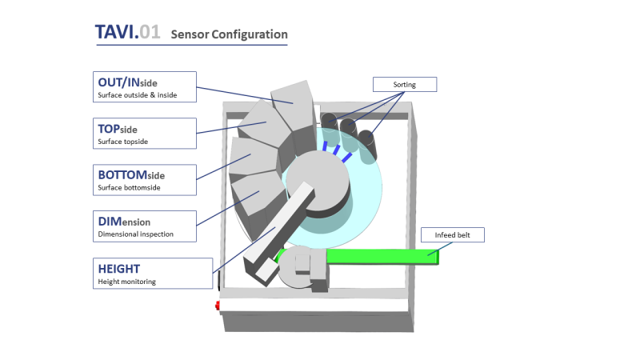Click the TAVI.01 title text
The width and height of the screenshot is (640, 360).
click(127, 33)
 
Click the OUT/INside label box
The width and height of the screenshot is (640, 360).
click(144, 87)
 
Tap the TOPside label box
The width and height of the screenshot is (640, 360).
click(144, 134)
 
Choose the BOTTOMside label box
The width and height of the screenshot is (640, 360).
click(144, 179)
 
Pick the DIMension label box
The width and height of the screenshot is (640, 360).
click(144, 226)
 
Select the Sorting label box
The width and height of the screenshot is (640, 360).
click(405, 84)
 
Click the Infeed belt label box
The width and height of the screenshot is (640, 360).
click(453, 235)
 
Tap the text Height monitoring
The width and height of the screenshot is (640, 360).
click(128, 282)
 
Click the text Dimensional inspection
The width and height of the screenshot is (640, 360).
click(135, 234)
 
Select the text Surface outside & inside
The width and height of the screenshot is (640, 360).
click(137, 95)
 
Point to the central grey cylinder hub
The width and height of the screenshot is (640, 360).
click(316, 180)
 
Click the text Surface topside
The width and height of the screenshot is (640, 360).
click(122, 142)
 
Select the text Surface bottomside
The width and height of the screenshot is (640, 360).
click(130, 188)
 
